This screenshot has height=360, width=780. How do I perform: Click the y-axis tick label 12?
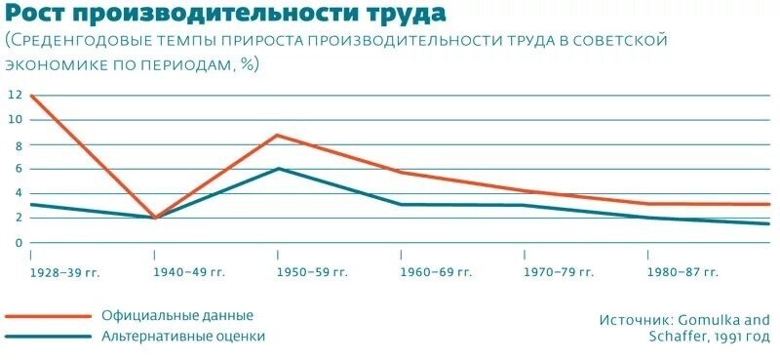14,96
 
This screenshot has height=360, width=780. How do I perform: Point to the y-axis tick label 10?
14,120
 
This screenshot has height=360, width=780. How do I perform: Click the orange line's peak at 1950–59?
278,135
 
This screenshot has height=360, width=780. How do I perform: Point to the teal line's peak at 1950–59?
278,169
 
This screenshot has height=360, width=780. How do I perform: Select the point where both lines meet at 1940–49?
155,218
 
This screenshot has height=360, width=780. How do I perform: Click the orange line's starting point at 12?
32,96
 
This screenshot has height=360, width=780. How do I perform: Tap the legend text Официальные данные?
177,316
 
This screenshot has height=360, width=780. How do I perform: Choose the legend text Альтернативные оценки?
183,337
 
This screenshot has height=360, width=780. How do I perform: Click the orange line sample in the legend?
44,316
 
